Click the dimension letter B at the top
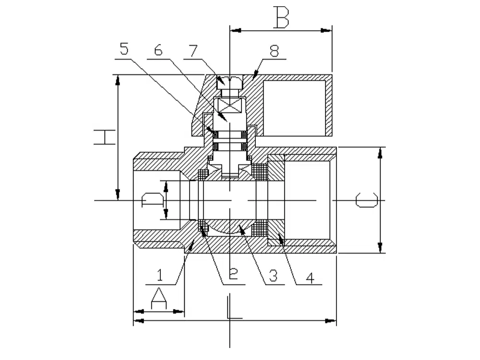pyautogui.click(x=282, y=17)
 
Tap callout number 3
pyautogui.click(x=273, y=275)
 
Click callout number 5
pyautogui.click(x=124, y=49)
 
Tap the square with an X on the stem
pyautogui.click(x=230, y=105)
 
